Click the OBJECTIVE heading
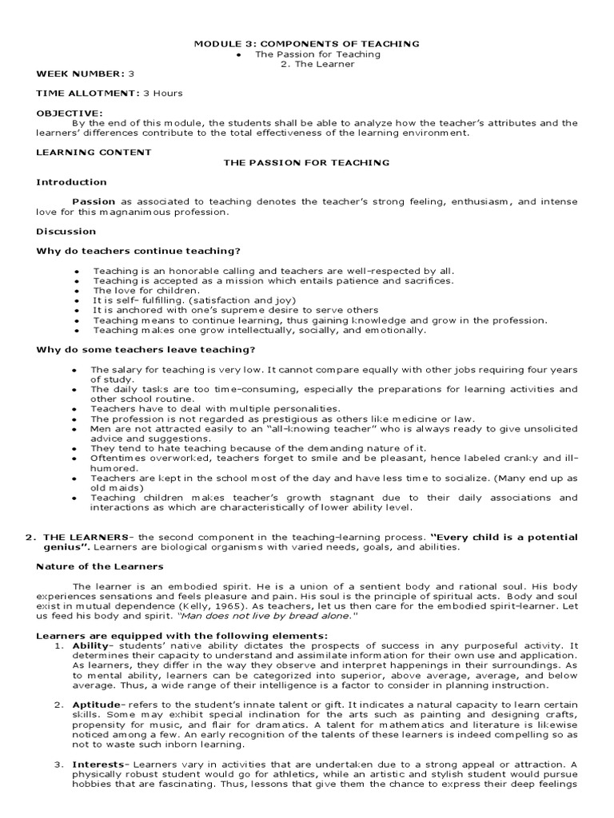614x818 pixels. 70,113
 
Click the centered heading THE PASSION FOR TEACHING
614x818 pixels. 306,162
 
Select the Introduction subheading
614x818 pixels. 71,182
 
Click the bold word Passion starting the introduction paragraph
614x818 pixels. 94,202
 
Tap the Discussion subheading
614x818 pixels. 66,232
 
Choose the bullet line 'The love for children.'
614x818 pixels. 146,290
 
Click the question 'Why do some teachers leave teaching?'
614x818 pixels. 146,350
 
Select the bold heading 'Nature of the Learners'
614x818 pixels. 100,566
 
